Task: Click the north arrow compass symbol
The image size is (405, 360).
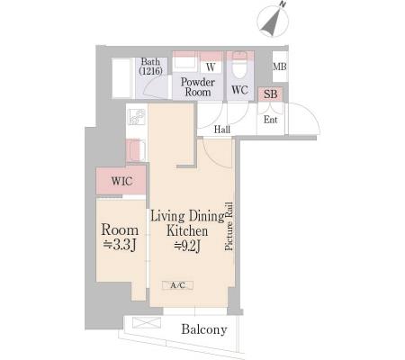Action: [273, 21]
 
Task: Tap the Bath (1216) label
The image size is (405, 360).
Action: [150, 67]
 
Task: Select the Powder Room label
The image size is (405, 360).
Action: [198, 87]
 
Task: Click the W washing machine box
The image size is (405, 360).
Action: [211, 67]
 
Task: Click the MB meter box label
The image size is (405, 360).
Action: [280, 67]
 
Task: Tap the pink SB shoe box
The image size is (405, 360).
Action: [271, 94]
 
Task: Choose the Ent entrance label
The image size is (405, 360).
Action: [270, 120]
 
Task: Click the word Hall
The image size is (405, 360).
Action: [222, 130]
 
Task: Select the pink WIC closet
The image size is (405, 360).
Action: [121, 181]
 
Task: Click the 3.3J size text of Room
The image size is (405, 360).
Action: [120, 245]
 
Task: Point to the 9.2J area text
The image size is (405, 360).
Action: [188, 246]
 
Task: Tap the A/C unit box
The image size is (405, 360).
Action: [177, 285]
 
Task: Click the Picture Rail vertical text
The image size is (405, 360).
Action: [229, 226]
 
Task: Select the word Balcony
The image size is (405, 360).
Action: [204, 329]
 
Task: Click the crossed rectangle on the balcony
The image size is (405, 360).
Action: [147, 322]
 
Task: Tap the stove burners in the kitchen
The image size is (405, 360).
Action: [137, 117]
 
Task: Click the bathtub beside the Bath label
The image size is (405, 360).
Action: [121, 78]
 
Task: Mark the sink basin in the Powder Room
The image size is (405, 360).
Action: [184, 64]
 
